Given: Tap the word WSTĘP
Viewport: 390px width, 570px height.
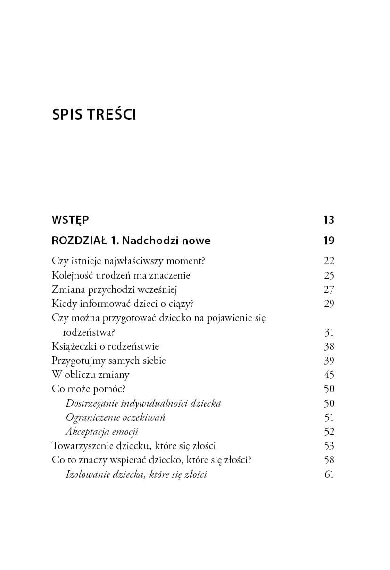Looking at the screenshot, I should pos(70,220).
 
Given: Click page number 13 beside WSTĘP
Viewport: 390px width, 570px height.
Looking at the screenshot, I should pos(329,220).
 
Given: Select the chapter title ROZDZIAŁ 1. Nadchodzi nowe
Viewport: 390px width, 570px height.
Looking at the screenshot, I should pos(131,241).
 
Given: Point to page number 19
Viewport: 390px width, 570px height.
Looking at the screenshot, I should pos(329,241).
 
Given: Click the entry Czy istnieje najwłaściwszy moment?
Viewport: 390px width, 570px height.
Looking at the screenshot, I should pos(129,261).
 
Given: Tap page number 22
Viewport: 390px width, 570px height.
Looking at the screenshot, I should pos(329,261).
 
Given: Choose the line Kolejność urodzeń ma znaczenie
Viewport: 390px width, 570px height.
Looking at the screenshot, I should pos(121,275).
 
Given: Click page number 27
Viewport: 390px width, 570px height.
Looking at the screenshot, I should pos(329,289).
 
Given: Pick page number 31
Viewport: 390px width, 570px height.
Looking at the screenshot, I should pos(329,332).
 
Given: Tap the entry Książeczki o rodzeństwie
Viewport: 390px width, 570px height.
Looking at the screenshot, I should pos(105,346).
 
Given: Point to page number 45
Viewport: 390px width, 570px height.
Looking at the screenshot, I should pos(329,375).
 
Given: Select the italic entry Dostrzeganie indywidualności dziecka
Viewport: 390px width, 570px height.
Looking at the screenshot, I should pos(143,403).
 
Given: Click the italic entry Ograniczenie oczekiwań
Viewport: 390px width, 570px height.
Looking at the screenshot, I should pos(116,417).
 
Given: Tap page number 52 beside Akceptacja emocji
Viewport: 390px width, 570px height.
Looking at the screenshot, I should pos(329,432).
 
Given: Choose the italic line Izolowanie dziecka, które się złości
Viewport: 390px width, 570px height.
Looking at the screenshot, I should pos(136,474).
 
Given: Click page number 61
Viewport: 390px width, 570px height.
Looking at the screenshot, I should pos(329,474).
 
